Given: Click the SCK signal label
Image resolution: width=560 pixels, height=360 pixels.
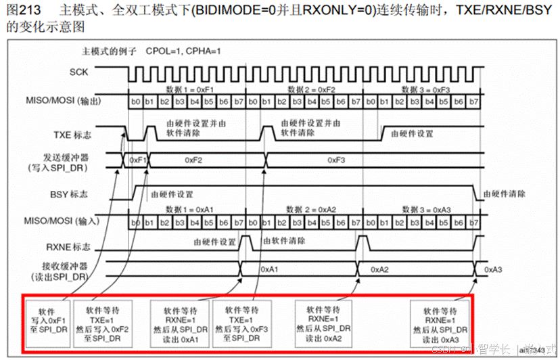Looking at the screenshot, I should pos(78,71).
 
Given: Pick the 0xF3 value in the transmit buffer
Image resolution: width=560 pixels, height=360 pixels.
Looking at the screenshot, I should pos(337,160).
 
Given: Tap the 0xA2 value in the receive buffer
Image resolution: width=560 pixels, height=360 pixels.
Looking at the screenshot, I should pos(379,269).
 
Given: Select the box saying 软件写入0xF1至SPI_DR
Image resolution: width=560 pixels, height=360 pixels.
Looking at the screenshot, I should pos(47,322).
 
